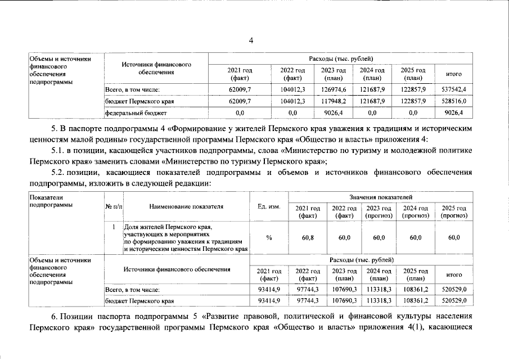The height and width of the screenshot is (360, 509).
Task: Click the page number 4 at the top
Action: tap(252, 40)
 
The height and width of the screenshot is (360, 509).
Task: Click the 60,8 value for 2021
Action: tap(308, 238)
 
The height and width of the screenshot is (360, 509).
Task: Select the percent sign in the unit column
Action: tap(269, 238)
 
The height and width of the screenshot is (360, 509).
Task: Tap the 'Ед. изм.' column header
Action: tap(269, 206)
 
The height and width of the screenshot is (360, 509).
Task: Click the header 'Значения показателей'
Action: tap(381, 197)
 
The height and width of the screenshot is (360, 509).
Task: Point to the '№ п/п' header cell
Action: tap(114, 206)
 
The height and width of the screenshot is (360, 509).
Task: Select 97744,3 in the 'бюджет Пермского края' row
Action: tap(308, 301)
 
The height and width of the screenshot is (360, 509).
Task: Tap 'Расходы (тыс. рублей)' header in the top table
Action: tap(341, 59)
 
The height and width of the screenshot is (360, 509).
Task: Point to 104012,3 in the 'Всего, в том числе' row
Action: tap(292, 89)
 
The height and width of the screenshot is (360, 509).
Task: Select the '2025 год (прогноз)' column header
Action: tap(454, 211)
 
